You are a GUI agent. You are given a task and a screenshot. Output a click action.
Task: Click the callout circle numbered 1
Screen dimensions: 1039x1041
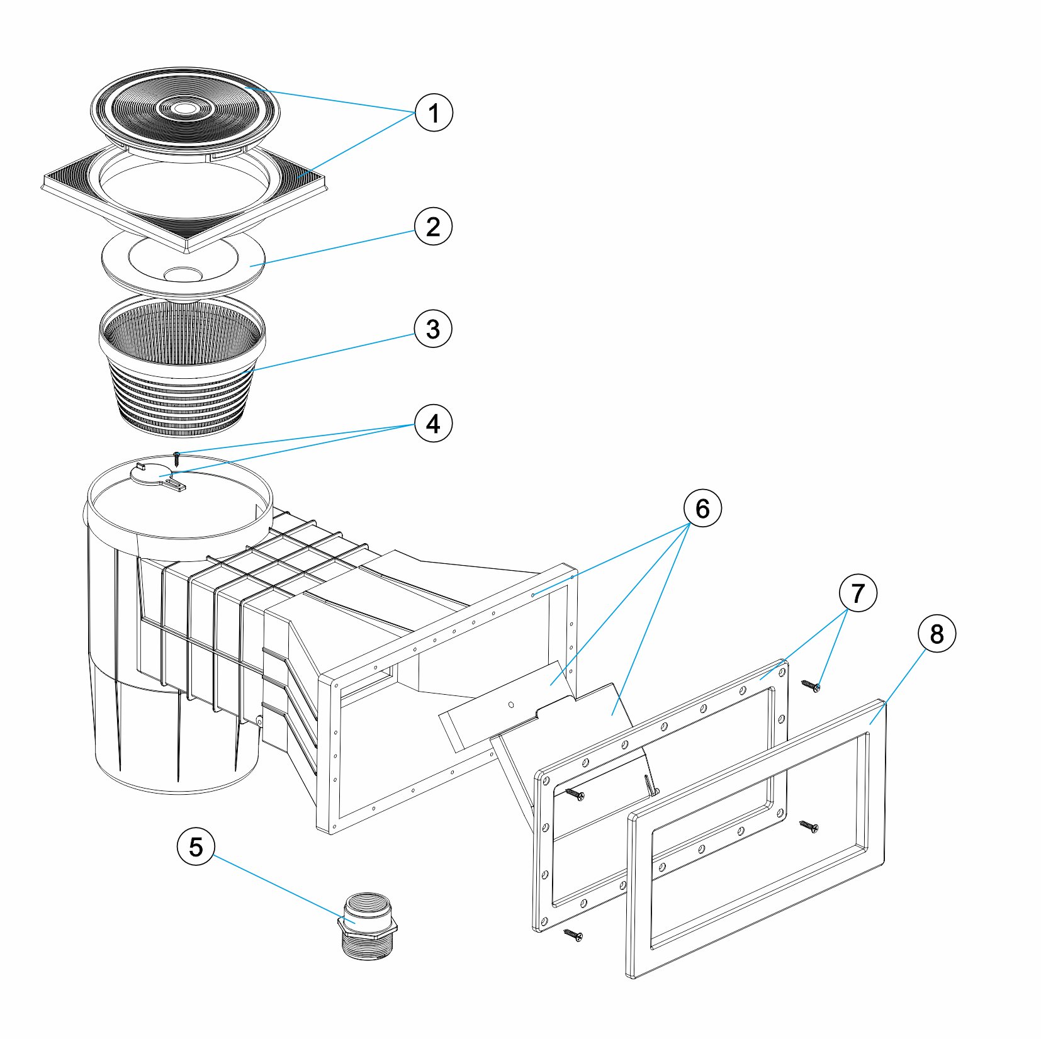[x=434, y=113]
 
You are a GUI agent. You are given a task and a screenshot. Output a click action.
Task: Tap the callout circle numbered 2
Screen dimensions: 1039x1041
[x=433, y=227]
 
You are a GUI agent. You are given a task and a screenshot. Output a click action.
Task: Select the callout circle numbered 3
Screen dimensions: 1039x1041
[x=433, y=329]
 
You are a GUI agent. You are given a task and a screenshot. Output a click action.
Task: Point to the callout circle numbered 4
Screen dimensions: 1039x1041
[x=433, y=424]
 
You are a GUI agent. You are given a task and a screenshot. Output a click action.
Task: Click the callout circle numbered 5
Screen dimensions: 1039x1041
[x=196, y=846]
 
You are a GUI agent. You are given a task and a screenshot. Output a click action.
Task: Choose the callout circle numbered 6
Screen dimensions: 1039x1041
[x=702, y=508]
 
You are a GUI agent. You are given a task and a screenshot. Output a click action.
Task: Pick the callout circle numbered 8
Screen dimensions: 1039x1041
[x=937, y=634]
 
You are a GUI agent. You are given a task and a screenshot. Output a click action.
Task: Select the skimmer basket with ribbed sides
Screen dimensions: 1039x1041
[x=183, y=365]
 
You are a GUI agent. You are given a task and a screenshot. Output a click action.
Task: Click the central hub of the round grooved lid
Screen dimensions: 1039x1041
[x=184, y=108]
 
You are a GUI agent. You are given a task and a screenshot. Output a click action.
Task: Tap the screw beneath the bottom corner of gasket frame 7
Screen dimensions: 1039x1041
[x=573, y=935]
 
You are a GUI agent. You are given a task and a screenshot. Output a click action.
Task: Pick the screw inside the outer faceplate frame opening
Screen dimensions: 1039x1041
[x=809, y=826]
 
